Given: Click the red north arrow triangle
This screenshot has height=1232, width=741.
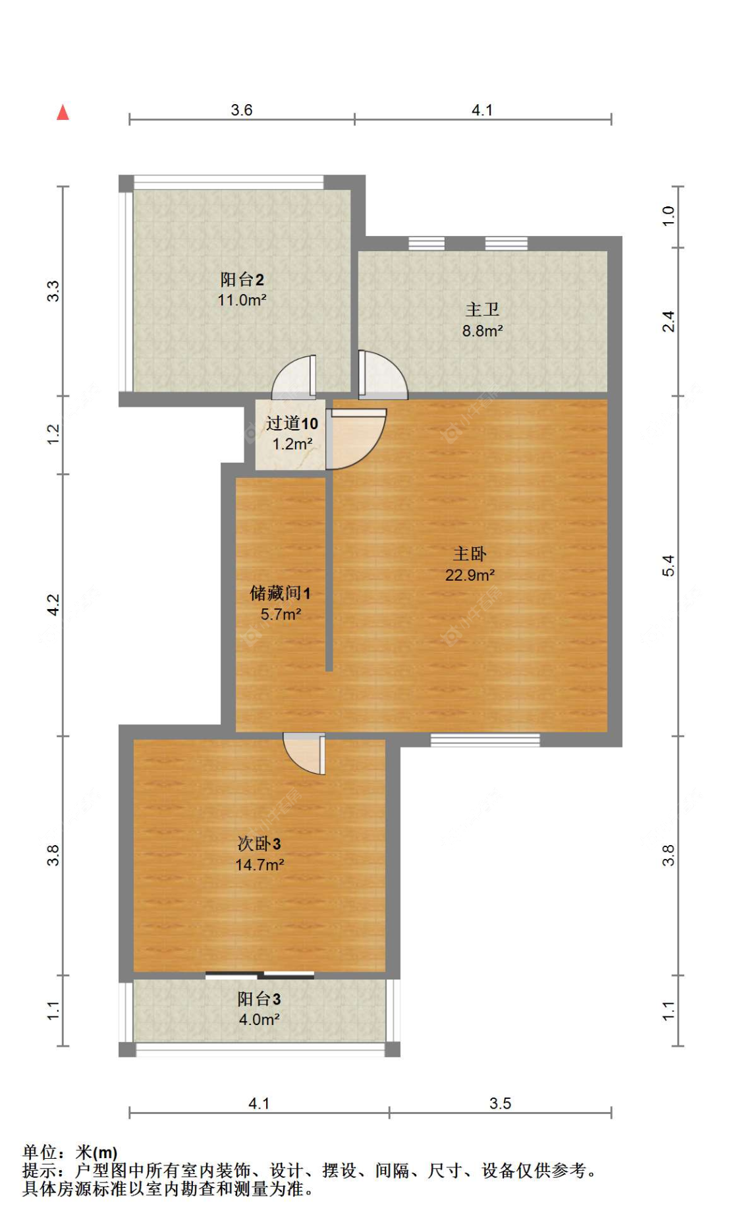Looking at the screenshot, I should click(63, 113).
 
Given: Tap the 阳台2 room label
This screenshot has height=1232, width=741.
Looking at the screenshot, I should click(242, 279).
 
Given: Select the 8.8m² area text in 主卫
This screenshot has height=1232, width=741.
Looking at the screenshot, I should click(482, 331).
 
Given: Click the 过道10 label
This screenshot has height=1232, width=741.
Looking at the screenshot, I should click(292, 423).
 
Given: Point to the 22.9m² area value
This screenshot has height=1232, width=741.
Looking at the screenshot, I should click(470, 575).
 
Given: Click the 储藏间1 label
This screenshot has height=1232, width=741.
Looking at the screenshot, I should click(280, 593).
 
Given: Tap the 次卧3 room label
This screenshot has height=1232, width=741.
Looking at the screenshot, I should click(259, 844).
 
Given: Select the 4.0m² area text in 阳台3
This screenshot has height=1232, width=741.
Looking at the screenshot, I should click(259, 1020).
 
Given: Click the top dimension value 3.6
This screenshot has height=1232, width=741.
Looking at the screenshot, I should click(242, 110).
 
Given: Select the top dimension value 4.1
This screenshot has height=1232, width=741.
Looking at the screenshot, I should click(482, 110).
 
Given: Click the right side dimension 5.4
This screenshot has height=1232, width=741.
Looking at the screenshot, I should click(669, 566).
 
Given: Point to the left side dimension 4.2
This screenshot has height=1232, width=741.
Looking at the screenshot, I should click(53, 604).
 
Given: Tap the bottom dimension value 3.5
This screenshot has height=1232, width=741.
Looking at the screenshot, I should click(500, 1103).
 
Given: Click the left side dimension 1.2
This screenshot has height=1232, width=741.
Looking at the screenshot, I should click(53, 434).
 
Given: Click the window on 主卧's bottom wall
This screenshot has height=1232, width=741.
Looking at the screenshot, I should click(485, 740).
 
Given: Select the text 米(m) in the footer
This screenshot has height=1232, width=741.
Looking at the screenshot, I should click(96, 1152).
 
